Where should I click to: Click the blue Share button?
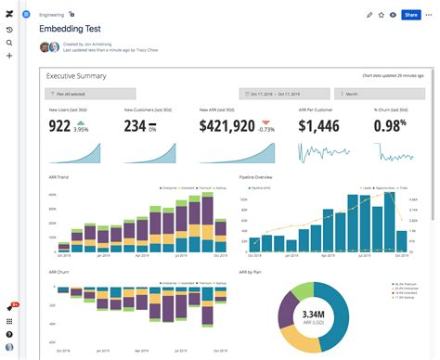tap(410, 15)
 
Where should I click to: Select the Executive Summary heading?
tap(76, 76)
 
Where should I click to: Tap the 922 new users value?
tap(59, 126)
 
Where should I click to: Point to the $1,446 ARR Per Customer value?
tap(320, 126)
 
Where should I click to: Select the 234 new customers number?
tap(136, 126)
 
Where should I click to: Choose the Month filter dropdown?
tap(373, 94)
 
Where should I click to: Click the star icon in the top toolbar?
tap(381, 15)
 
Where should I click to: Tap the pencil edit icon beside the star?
tap(369, 15)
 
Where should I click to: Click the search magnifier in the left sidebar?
tap(9, 43)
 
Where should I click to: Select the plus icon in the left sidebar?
tap(9, 56)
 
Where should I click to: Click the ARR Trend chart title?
tap(60, 176)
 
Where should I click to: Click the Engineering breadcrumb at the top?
tap(52, 15)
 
